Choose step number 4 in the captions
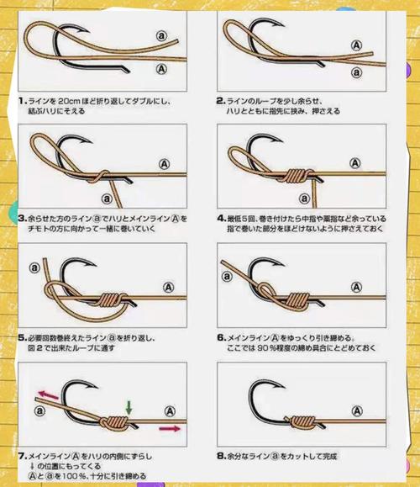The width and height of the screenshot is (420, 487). pyautogui.click(x=220, y=216)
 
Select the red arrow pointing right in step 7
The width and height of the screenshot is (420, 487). pyautogui.click(x=171, y=429)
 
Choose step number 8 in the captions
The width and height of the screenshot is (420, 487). pyautogui.click(x=220, y=455)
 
